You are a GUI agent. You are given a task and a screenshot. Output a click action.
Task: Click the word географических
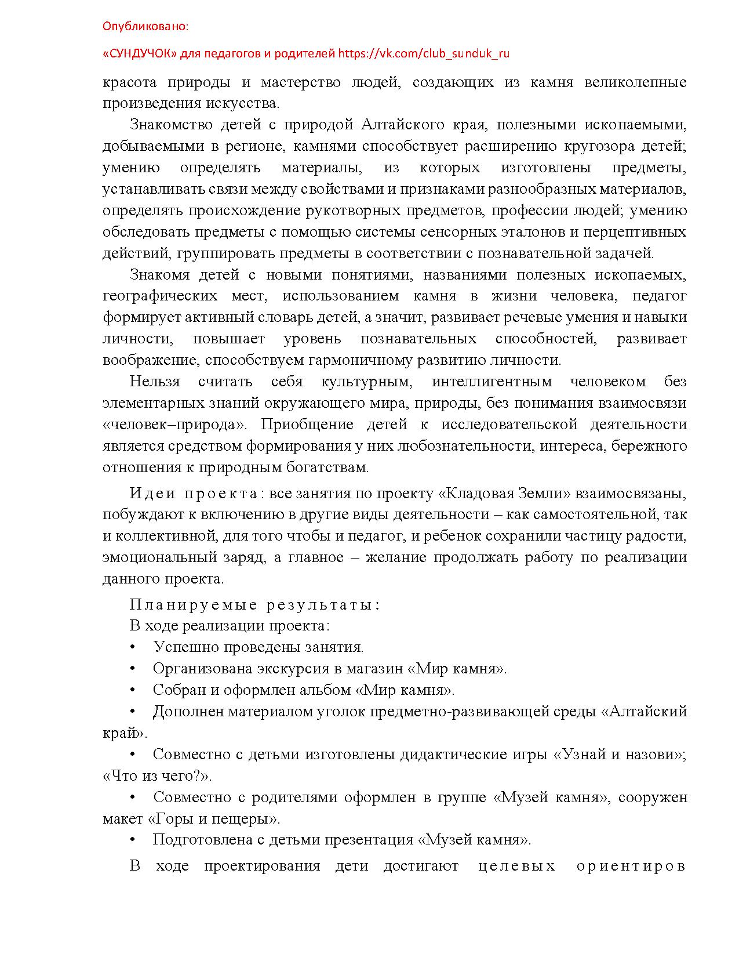(x=160, y=296)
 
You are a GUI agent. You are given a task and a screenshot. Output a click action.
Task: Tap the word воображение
(x=150, y=360)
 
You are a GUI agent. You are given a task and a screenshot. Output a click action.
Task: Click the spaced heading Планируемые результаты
(x=254, y=605)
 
